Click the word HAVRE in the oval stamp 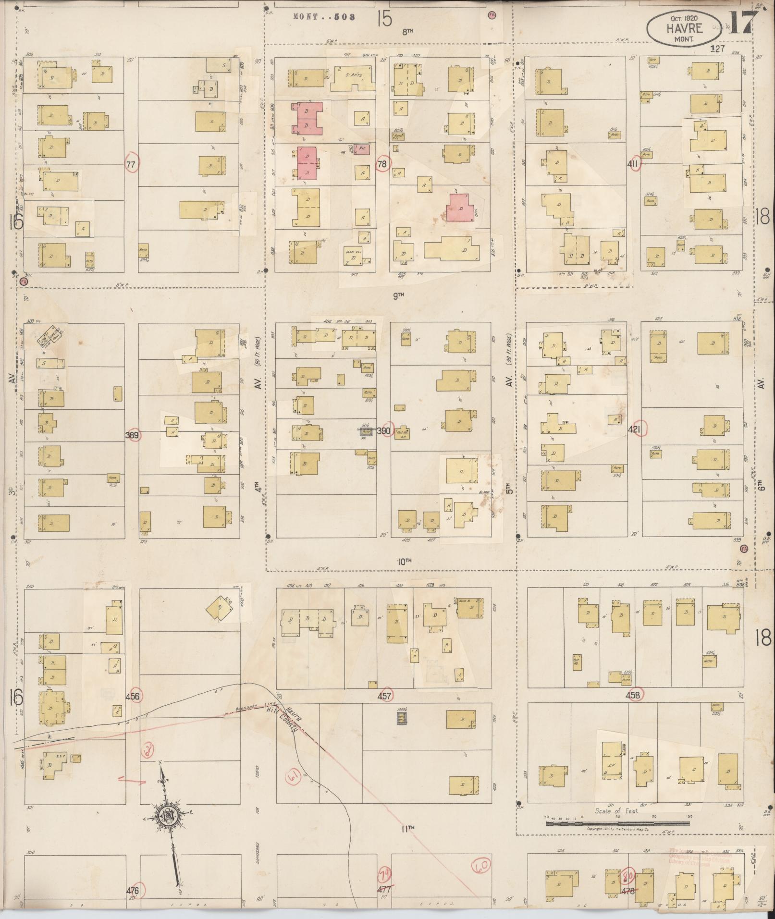[x=684, y=27]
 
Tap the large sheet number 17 [x=741, y=22]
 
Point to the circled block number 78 [x=383, y=164]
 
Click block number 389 [x=132, y=436]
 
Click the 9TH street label [x=398, y=296]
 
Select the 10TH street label [x=405, y=561]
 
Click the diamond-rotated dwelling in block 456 [x=220, y=608]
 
